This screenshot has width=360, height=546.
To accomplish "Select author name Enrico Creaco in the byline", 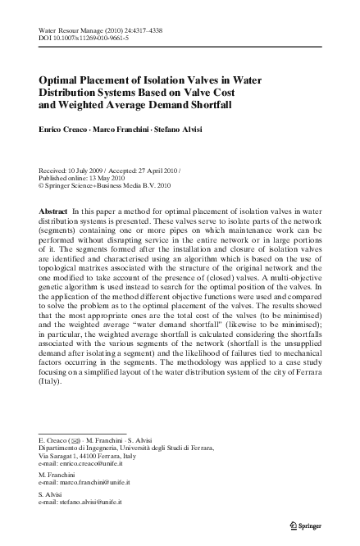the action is (x=67, y=131).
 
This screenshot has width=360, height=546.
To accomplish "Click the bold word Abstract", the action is (x=54, y=212).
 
